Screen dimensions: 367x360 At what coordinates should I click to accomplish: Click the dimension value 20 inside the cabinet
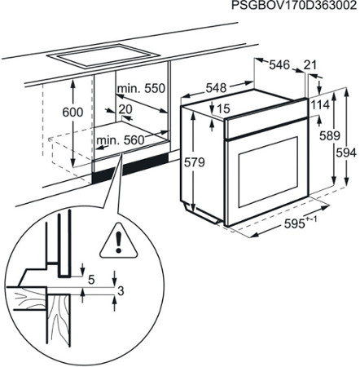(125, 109)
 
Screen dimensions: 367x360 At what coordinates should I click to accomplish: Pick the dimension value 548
(215, 87)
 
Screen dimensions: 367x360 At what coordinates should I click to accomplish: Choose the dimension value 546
(281, 63)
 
